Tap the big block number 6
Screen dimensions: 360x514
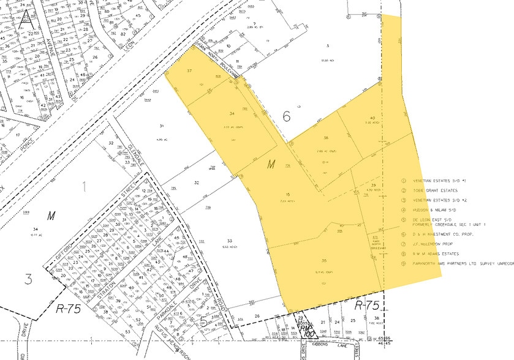tap(285, 116)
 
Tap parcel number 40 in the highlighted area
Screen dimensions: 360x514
tap(372, 118)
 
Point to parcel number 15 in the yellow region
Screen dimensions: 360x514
tap(287, 195)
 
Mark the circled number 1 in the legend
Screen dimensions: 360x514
tap(404, 180)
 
